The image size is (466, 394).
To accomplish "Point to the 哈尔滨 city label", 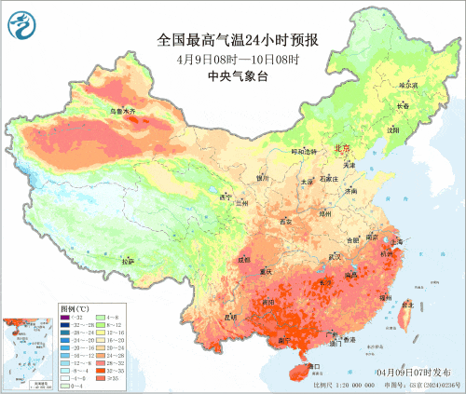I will (408, 85).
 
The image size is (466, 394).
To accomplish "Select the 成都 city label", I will (244, 260).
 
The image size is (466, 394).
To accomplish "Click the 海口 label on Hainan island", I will (313, 367).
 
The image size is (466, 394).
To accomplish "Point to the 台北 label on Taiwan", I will (407, 304).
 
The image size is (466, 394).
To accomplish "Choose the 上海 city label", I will (397, 240).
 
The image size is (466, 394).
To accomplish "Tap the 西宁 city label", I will (224, 197).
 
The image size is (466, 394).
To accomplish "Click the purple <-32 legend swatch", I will (65, 317).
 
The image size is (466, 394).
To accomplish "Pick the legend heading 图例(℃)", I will (75, 307).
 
